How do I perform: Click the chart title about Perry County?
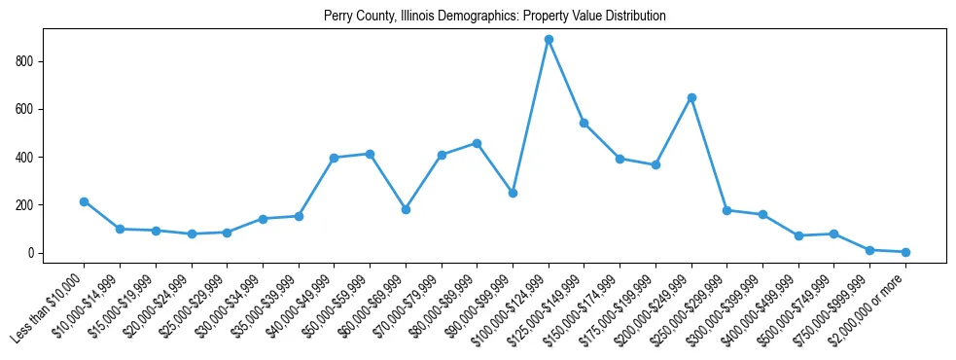click(495, 17)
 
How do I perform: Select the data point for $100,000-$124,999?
click(549, 40)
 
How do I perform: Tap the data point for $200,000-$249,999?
click(691, 97)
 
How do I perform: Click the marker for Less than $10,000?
click(85, 201)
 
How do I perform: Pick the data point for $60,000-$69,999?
click(406, 209)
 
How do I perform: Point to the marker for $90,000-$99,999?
click(513, 193)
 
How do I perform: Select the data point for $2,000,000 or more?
click(905, 252)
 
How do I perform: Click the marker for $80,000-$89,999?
click(477, 143)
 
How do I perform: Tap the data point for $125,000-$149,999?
click(584, 123)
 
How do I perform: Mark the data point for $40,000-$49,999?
click(334, 158)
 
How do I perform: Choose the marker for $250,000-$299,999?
click(726, 210)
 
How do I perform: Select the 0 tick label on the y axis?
click(32, 253)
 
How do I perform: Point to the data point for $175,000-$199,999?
click(655, 164)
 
